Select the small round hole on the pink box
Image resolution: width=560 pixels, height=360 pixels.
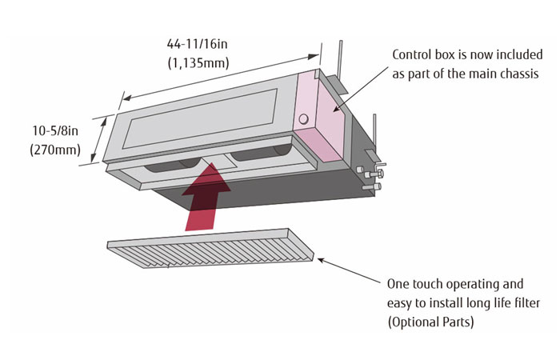[303, 119]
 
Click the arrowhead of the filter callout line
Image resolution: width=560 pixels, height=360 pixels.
[320, 258]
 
